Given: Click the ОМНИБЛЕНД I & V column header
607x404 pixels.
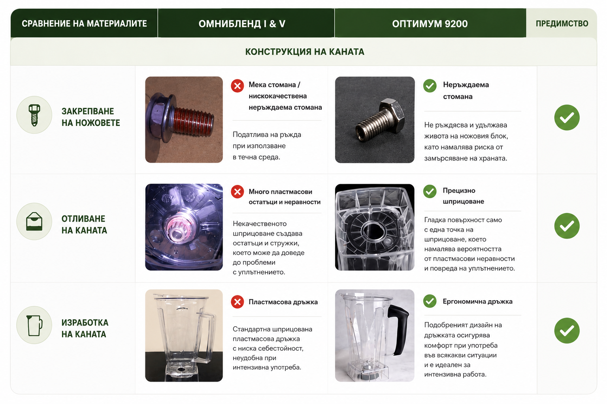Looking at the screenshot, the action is (x=242, y=24).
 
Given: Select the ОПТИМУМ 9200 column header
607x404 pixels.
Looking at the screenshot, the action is (x=430, y=24).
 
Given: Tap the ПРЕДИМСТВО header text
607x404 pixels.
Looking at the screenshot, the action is (x=562, y=24).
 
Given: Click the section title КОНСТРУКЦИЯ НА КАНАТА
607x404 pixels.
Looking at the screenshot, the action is (x=305, y=52).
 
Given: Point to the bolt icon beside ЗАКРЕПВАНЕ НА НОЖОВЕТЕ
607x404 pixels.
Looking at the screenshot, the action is (x=34, y=115).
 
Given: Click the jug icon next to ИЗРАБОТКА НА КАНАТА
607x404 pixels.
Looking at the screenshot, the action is (x=34, y=325).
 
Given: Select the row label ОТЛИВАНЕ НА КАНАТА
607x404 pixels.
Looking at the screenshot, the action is (x=84, y=224).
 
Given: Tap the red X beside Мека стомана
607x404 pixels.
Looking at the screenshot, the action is (x=238, y=86).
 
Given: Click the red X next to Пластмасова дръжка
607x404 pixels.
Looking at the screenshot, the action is (x=238, y=302).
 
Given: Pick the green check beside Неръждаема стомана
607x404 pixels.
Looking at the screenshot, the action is (x=430, y=86).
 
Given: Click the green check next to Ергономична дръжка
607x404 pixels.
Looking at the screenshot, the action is (x=430, y=301).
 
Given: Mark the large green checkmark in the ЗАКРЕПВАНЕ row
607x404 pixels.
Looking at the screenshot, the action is (x=567, y=118).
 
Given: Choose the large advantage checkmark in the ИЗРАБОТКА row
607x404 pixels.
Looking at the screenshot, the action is (x=567, y=331).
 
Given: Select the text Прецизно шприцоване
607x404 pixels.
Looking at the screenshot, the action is (x=464, y=196).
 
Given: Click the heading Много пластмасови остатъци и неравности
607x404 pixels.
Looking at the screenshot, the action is (x=285, y=197).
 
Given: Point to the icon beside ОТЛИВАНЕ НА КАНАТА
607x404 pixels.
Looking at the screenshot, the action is (x=34, y=221).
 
